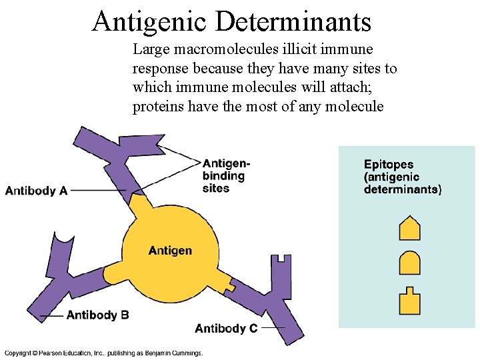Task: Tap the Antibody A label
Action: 36,191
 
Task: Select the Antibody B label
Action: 97,315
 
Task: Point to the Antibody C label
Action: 226,328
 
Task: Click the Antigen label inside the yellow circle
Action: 170,251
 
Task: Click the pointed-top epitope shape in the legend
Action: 409,228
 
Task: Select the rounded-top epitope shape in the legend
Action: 409,263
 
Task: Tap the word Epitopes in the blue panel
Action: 389,164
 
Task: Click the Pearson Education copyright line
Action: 103,353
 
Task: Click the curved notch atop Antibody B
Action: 63,237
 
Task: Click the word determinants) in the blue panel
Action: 402,189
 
